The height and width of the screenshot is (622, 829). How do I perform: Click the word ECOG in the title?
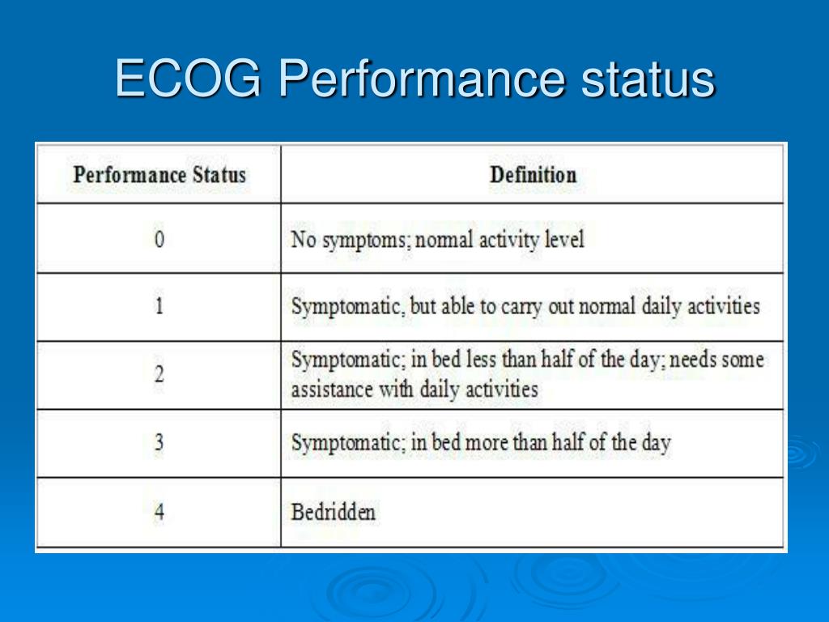(188, 79)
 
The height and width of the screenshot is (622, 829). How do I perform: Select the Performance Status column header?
(159, 175)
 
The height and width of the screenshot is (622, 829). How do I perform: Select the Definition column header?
(533, 175)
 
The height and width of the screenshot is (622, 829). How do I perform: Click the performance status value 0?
(159, 241)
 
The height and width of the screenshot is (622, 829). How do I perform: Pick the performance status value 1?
(159, 308)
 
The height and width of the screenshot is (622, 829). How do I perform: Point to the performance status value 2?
(159, 375)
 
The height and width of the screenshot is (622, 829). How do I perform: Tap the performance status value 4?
(159, 513)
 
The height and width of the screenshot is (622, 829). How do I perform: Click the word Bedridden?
(333, 512)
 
